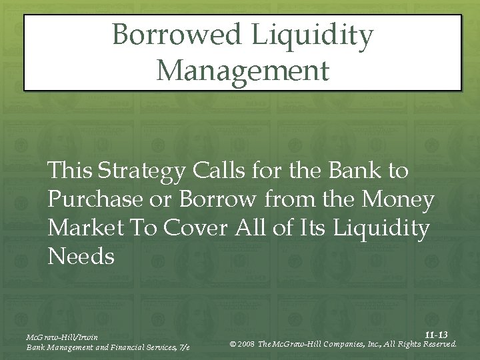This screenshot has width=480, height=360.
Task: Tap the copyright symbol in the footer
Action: pos(233,344)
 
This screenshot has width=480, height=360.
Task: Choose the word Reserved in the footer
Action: pos(437,344)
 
